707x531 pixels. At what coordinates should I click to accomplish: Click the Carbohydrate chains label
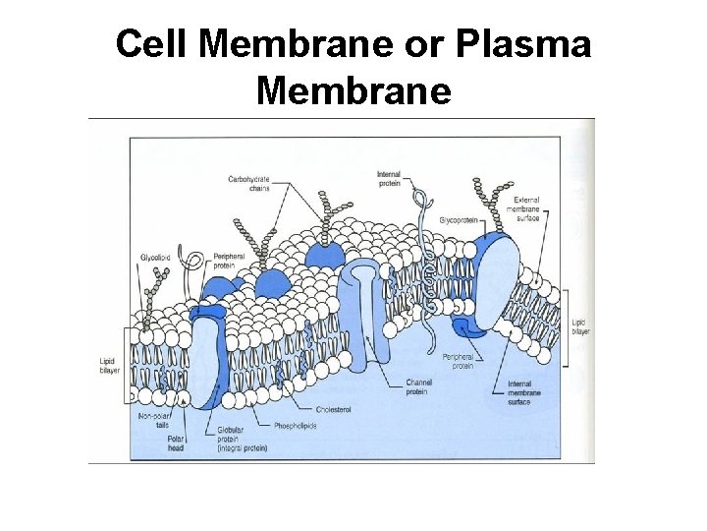248,184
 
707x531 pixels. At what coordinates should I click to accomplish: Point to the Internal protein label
389,178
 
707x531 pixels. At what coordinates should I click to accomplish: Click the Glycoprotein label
458,219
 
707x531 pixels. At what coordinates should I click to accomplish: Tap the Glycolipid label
155,259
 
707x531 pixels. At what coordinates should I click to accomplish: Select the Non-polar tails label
154,420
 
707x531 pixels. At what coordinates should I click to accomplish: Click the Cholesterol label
334,408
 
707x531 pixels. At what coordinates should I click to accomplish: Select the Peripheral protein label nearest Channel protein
458,360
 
